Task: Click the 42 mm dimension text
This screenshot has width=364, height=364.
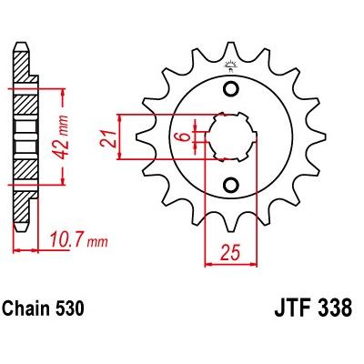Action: [62, 136]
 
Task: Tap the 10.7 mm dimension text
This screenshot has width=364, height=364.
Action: [78, 240]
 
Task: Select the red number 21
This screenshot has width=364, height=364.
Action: [109, 139]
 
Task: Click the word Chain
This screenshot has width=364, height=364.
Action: [26, 308]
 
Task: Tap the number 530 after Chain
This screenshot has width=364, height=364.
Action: [69, 308]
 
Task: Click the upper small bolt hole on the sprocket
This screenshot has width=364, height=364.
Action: [231, 89]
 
